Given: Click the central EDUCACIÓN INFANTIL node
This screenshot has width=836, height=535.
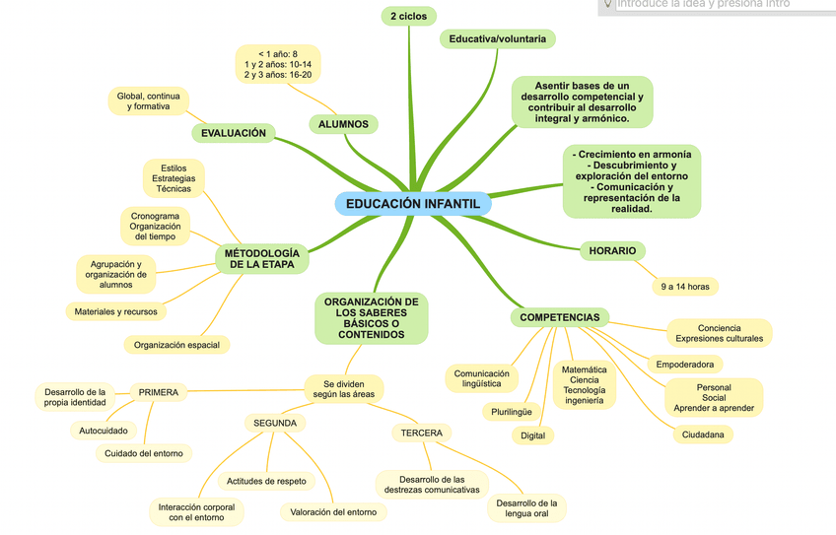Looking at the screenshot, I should [x=412, y=203].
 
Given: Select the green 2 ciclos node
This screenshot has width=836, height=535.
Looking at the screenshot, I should [x=407, y=16].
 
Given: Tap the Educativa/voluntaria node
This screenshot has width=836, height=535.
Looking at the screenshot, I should [x=497, y=38].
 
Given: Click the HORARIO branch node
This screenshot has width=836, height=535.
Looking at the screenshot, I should [x=612, y=250].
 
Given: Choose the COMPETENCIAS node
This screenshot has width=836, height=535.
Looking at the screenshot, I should [x=559, y=317].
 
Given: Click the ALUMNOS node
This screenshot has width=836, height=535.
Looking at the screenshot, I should [x=344, y=124].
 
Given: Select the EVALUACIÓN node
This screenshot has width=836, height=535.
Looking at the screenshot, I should [x=233, y=133].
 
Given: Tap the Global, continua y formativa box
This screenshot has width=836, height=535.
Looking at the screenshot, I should [x=148, y=100].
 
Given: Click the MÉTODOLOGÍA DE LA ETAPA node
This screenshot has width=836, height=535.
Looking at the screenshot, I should [x=262, y=258].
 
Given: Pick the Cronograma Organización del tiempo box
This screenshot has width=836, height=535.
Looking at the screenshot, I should [x=155, y=227].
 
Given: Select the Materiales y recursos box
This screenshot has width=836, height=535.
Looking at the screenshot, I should [x=115, y=311].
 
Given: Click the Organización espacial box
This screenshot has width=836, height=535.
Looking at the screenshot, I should [x=176, y=345].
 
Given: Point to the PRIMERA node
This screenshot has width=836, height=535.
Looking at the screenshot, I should [x=158, y=392].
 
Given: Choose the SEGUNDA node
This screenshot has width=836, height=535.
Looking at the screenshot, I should [x=275, y=423].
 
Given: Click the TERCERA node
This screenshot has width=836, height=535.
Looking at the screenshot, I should [x=421, y=433].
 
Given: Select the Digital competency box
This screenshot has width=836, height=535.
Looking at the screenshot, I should [x=532, y=435].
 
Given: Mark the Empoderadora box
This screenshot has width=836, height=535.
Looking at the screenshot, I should [x=685, y=365].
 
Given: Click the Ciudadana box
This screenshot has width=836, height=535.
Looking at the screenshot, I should [x=703, y=435].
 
